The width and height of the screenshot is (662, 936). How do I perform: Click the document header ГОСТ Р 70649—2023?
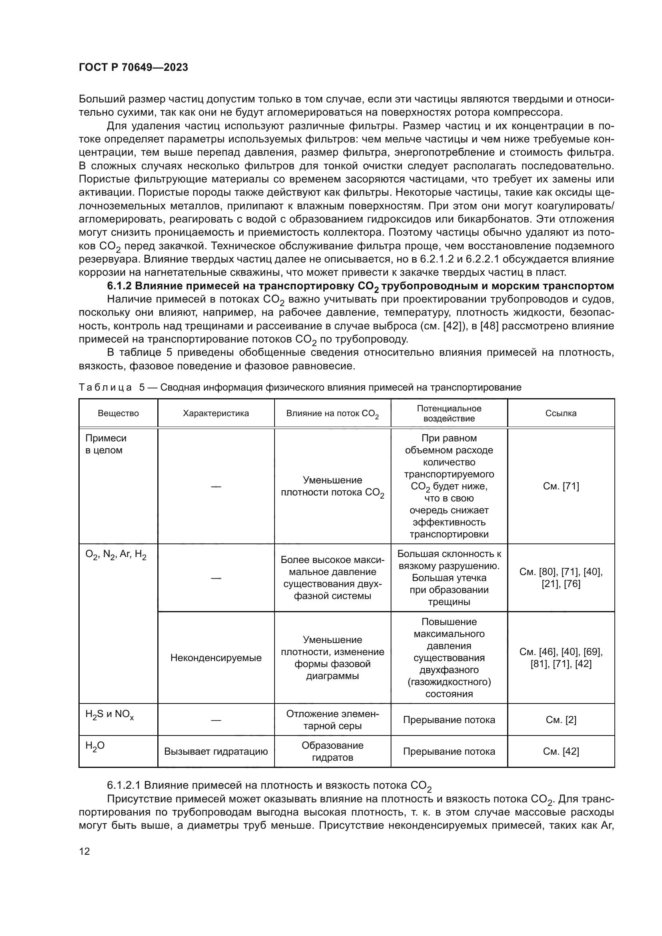[133, 67]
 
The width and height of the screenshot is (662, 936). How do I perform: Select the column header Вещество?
[118, 413]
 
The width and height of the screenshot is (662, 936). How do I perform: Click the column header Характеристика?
[216, 413]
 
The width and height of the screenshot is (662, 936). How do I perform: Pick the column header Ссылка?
[561, 413]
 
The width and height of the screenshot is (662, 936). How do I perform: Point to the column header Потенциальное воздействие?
[449, 413]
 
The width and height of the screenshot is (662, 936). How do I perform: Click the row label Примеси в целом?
[106, 444]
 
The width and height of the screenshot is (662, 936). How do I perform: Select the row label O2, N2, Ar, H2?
[116, 555]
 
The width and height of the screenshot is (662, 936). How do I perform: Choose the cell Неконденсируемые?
[216, 657]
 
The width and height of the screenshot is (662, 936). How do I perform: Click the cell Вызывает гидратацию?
[216, 752]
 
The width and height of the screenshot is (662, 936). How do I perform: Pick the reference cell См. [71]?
[561, 486]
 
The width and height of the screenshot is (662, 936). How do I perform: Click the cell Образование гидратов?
[332, 752]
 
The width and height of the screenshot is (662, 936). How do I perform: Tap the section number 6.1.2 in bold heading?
[119, 286]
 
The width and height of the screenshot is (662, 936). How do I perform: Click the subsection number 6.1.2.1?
[124, 785]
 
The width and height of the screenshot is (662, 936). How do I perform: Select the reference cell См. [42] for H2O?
[561, 752]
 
